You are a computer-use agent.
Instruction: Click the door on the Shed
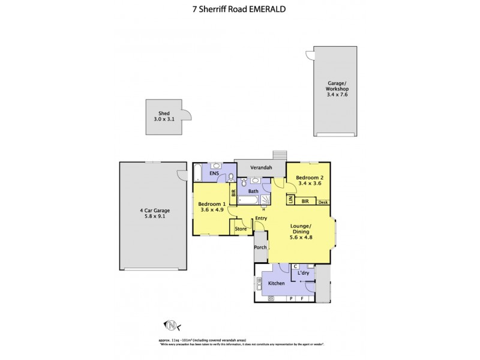tap(186, 115)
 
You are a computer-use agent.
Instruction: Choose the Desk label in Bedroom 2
tap(323, 202)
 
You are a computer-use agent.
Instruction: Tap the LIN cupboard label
tap(290, 200)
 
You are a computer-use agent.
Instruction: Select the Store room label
tap(241, 229)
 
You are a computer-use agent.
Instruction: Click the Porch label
tap(260, 247)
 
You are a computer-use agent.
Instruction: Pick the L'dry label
tap(304, 274)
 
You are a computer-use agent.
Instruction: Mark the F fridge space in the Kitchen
tap(303, 298)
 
